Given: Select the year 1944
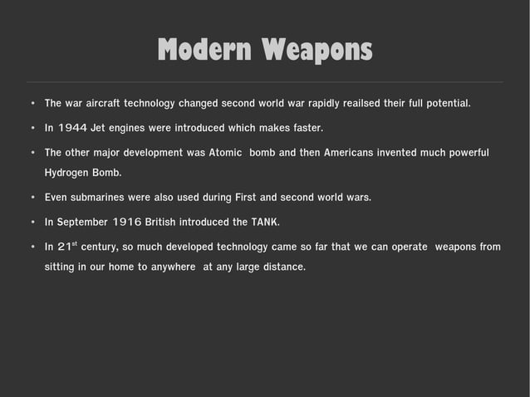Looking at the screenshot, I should pyautogui.click(x=74, y=129).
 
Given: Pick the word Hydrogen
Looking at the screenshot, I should pyautogui.click(x=71, y=173).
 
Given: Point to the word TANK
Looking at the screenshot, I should pyautogui.click(x=265, y=223).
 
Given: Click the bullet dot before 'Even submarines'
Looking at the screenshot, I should pyautogui.click(x=31, y=198).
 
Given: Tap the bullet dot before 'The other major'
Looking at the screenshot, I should pyautogui.click(x=31, y=154).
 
